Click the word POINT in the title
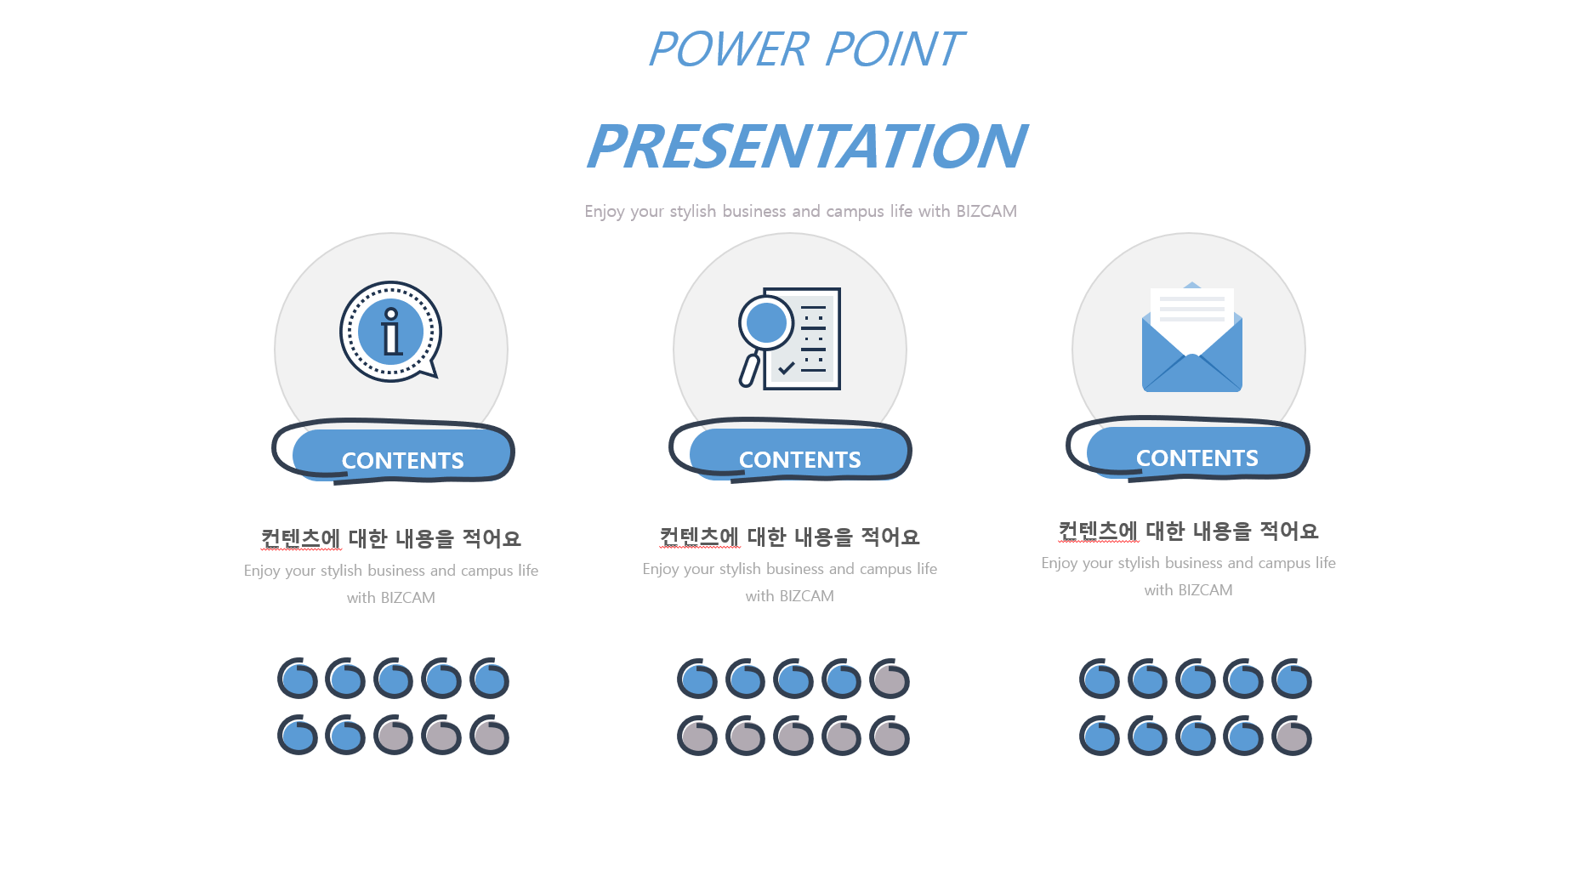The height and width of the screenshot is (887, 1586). pyautogui.click(x=894, y=49)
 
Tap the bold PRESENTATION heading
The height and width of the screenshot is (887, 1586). pyautogui.click(x=806, y=146)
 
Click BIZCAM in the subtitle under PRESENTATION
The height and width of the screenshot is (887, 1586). pyautogui.click(x=986, y=211)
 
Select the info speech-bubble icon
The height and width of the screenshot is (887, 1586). pyautogui.click(x=390, y=332)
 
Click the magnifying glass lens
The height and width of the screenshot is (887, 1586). pyautogui.click(x=766, y=322)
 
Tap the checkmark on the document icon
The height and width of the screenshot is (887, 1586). pyautogui.click(x=787, y=367)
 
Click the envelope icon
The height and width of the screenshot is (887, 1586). pyautogui.click(x=1192, y=338)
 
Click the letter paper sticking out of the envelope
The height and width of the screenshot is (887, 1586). pyautogui.click(x=1192, y=312)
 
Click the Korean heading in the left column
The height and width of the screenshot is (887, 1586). pyautogui.click(x=391, y=538)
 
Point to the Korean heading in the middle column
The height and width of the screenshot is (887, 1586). pyautogui.click(x=790, y=537)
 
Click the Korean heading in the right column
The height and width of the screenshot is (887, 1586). pyautogui.click(x=1189, y=531)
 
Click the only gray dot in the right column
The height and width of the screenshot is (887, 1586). pyautogui.click(x=1292, y=736)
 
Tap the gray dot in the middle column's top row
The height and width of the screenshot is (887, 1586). pyautogui.click(x=890, y=679)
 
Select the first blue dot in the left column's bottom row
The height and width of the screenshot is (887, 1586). pyautogui.click(x=298, y=736)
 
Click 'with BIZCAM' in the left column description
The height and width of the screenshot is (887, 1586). pyautogui.click(x=391, y=598)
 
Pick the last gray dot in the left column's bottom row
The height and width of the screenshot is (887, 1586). pyautogui.click(x=490, y=736)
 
